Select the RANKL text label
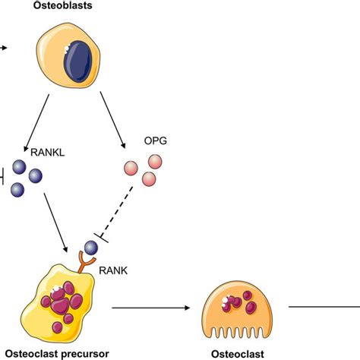[x=46, y=151]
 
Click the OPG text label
[x=155, y=142]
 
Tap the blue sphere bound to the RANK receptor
[x=91, y=248]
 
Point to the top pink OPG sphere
[x=155, y=161]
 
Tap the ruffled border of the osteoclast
[x=236, y=331]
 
